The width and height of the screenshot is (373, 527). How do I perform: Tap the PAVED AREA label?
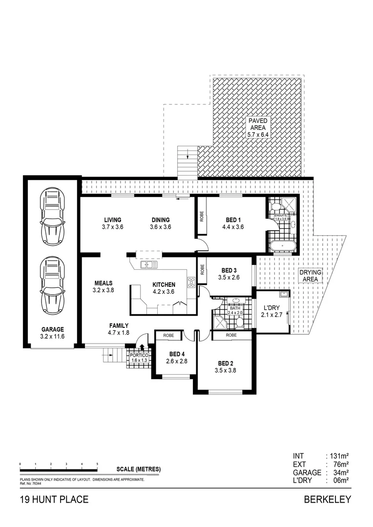pos(257,124)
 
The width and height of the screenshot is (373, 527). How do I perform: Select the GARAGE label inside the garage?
pos(52,329)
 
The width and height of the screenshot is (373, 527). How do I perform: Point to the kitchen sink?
pos(149,264)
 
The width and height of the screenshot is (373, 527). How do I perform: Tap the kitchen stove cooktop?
pos(191,282)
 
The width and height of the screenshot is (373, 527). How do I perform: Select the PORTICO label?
pos(138,355)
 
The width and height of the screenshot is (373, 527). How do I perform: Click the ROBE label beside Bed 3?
pos(201,269)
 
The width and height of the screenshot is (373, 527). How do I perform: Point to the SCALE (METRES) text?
pos(138,469)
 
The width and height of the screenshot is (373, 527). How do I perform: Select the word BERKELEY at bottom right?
pos(327,500)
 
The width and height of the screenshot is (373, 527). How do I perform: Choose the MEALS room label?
pos(103,283)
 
